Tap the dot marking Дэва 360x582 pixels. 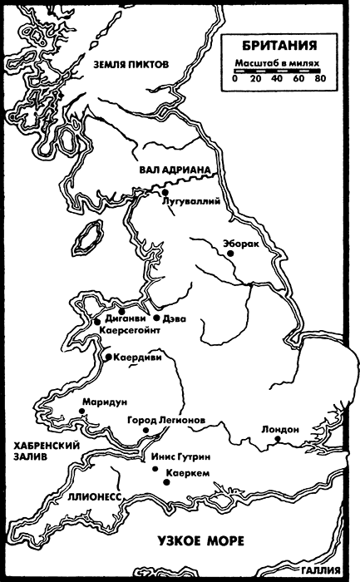click(156, 318)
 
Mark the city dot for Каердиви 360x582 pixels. click(109, 358)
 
